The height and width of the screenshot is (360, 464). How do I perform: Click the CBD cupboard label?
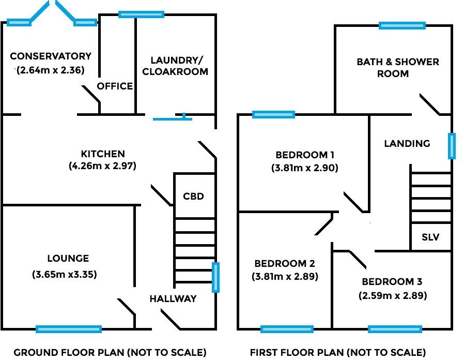pos(194,196)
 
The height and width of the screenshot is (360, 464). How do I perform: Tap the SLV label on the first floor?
pos(430,237)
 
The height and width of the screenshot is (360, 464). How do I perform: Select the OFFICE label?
pos(115,86)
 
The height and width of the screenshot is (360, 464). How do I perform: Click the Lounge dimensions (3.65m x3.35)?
pos(65,274)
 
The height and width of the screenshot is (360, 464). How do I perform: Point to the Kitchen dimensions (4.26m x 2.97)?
pos(102,166)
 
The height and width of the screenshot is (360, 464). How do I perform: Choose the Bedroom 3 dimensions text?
pos(393,295)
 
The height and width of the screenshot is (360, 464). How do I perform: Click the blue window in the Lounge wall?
pos(69,329)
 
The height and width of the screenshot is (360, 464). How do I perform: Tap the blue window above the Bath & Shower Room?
pos(402,26)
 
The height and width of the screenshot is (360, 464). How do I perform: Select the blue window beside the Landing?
pos(452,146)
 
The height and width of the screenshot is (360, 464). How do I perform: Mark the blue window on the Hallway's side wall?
pos(216,277)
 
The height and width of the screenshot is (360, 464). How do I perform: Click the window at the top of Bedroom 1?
pos(274,114)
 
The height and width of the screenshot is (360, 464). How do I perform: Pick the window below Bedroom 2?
pos(287,329)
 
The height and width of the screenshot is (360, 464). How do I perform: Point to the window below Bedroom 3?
pos(395,329)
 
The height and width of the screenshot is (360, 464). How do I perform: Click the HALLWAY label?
pos(173,298)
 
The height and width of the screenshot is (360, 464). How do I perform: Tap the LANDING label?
pos(407,143)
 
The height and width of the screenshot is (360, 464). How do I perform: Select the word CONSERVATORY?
pos(51,56)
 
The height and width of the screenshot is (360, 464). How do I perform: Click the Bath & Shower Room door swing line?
pos(429,104)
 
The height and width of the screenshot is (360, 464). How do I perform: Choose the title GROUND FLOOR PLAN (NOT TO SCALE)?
pos(110,353)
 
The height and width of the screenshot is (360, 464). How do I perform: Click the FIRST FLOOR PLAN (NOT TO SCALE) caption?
pos(338,353)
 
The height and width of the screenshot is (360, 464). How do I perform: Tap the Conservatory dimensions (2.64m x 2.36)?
pos(50,70)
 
